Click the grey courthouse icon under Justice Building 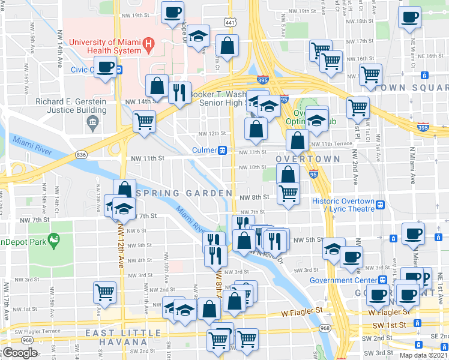[92, 124]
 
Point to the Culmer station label [204, 150]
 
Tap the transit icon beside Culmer [222, 150]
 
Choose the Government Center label [342, 280]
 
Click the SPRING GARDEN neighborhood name [184, 193]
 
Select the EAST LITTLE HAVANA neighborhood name [123, 334]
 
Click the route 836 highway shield [82, 155]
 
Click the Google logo [20, 353]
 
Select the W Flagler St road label [301, 311]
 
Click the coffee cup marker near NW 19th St [172, 11]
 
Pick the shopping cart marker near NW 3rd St [104, 292]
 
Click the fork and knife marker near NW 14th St [180, 92]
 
